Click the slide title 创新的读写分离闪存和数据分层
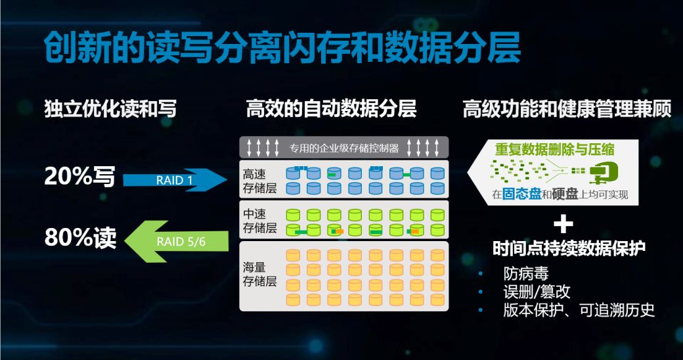pyautogui.click(x=282, y=47)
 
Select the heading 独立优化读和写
pyautogui.click(x=110, y=108)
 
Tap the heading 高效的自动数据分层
pyautogui.click(x=332, y=108)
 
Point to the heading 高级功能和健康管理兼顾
pyautogui.click(x=567, y=108)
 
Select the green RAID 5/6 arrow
pyautogui.click(x=177, y=242)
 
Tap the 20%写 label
pyautogui.click(x=79, y=177)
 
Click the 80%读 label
pyautogui.click(x=80, y=238)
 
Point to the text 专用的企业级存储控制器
pyautogui.click(x=343, y=148)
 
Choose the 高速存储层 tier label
pyautogui.click(x=259, y=181)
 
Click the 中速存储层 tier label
pyautogui.click(x=259, y=221)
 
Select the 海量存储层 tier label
pyautogui.click(x=259, y=274)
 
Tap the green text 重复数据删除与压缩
pyautogui.click(x=554, y=150)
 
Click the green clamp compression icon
pyautogui.click(x=604, y=172)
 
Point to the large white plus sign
pyautogui.click(x=563, y=224)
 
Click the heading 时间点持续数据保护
pyautogui.click(x=569, y=248)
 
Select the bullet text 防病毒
pyautogui.click(x=526, y=274)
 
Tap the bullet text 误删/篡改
pyautogui.click(x=537, y=292)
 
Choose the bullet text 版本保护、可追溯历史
pyautogui.click(x=579, y=310)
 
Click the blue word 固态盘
pyautogui.click(x=521, y=194)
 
